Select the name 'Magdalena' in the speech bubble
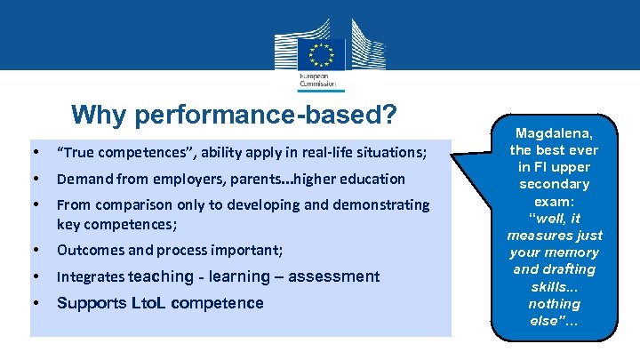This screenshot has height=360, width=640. [554, 132]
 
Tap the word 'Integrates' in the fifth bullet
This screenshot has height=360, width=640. [91, 276]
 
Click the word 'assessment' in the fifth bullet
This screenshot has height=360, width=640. [334, 276]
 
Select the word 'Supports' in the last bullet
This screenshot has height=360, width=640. [89, 303]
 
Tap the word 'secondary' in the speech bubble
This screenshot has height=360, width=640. [555, 184]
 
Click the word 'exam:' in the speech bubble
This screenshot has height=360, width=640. [555, 201]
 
